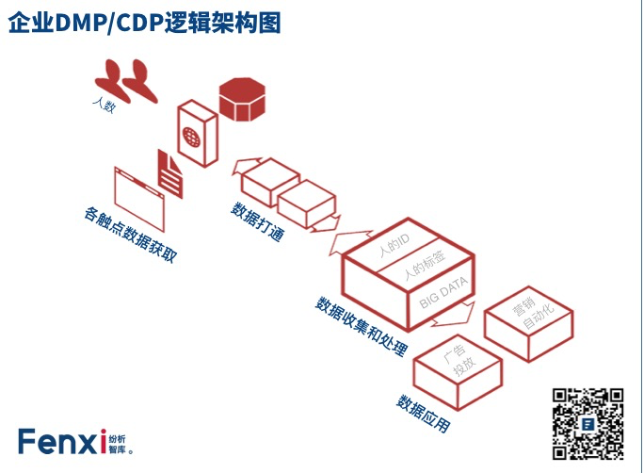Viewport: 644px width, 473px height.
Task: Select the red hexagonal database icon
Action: point(243,98)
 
